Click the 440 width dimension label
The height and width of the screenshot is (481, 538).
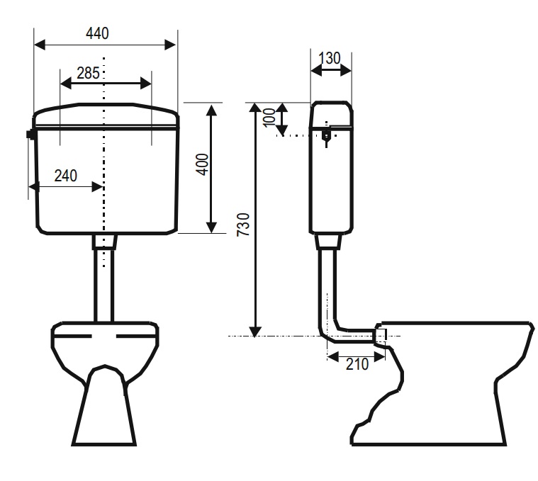tap(97, 33)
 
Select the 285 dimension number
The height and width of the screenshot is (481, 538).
tap(88, 73)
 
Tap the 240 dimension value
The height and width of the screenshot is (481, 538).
tap(65, 176)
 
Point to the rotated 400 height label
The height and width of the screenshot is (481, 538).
tap(203, 164)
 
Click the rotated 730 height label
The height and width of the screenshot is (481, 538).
tap(244, 225)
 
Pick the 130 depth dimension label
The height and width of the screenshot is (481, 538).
tap(330, 58)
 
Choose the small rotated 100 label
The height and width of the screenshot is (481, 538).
tap(269, 118)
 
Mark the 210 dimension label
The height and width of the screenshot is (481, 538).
tap(357, 364)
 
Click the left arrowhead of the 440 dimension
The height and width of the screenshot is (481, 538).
tap(40, 45)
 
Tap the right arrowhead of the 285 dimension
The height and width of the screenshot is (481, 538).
tap(146, 84)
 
